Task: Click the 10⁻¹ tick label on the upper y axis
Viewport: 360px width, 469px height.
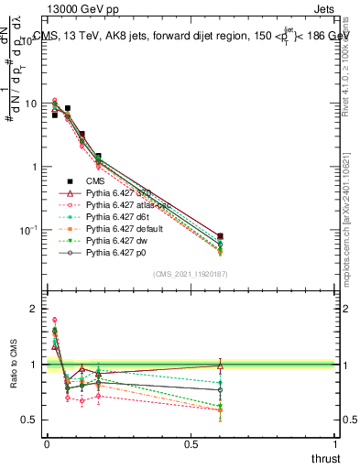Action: [29, 230]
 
